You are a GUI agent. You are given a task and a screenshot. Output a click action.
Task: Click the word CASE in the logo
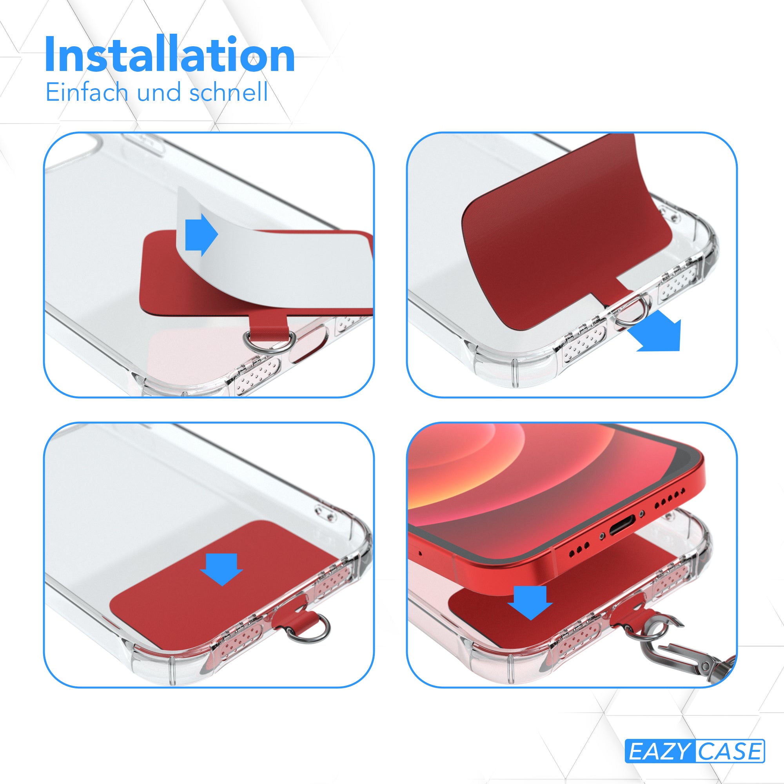click(x=729, y=751)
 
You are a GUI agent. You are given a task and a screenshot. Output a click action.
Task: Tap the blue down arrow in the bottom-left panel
click(x=221, y=570)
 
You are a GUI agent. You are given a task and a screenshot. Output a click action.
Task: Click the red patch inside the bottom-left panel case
click(x=227, y=588)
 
